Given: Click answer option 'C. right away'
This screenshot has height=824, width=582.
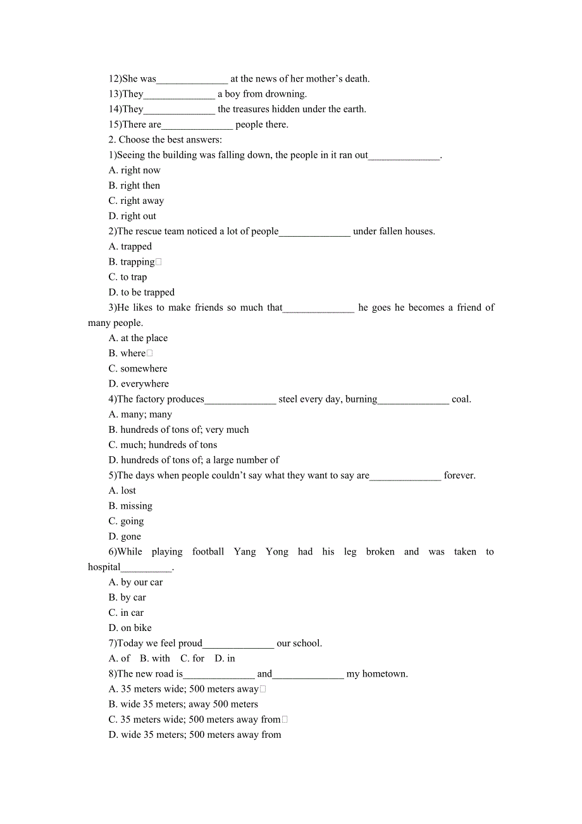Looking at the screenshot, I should [136, 201].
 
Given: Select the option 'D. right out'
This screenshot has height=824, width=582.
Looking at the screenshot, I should [132, 216].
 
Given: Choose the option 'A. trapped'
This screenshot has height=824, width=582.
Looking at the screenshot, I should [130, 246].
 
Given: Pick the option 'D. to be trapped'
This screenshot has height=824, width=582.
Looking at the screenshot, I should [142, 292].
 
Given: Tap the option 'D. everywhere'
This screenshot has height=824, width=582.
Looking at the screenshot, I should [139, 384].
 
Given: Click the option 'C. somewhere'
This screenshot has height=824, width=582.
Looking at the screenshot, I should [138, 368].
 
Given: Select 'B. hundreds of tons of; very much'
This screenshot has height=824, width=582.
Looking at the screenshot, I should [178, 430].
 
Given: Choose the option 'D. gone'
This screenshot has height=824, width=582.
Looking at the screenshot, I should [125, 537].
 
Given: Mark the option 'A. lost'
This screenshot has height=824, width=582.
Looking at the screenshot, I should [122, 490].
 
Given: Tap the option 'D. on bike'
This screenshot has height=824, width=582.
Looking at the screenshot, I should [130, 628].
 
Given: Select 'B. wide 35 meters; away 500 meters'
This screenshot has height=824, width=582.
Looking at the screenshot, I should [183, 704].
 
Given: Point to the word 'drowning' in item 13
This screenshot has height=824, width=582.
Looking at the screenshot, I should [287, 94].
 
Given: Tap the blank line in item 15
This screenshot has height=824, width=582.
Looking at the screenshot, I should [197, 125].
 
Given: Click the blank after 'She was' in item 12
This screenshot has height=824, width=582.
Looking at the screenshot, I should [192, 79].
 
